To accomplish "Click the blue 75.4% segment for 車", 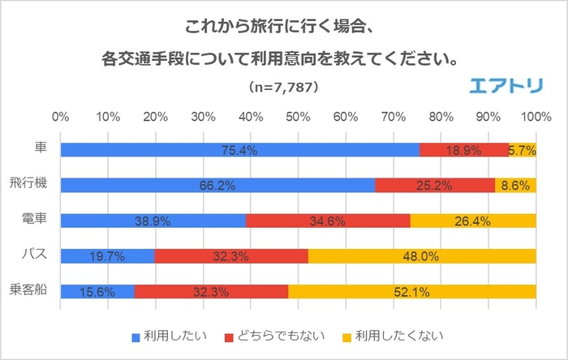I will click(239, 150).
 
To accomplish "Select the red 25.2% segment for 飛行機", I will click(435, 185).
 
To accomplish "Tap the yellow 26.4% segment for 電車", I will click(473, 221).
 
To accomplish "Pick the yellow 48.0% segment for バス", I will click(422, 256).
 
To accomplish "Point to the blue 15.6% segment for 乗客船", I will click(97, 291).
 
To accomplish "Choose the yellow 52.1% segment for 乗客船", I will click(412, 291).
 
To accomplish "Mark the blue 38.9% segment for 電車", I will click(153, 221).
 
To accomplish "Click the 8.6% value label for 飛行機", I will click(515, 185).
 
